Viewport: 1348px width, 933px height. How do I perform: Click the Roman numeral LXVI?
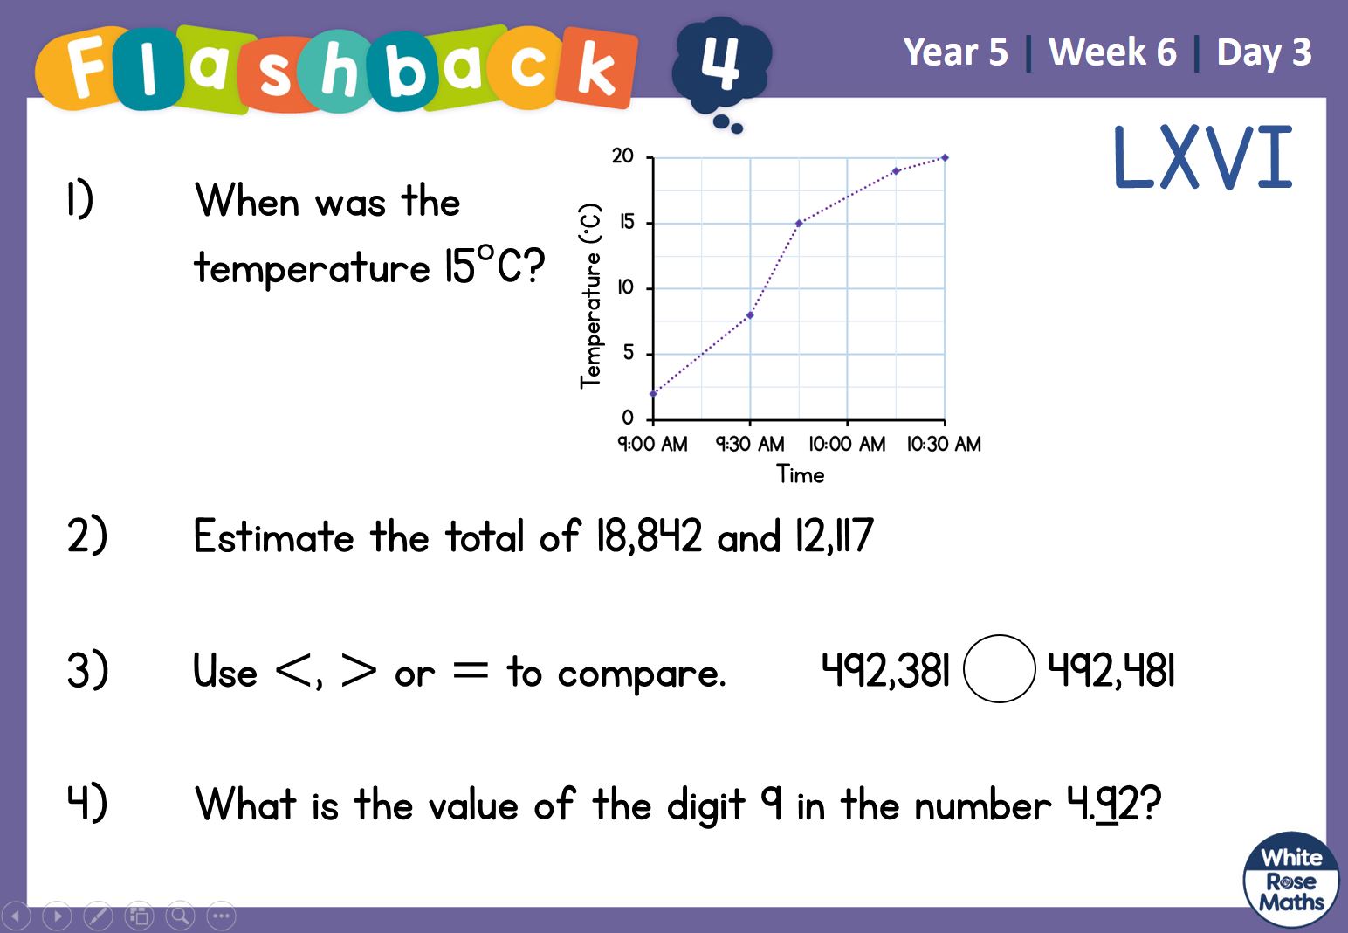1203,157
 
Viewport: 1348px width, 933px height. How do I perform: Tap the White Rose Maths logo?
1291,879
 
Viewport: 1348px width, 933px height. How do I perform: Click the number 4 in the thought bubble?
719,60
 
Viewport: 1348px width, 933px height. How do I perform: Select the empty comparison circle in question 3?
999,668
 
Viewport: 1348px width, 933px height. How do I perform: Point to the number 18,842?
649,536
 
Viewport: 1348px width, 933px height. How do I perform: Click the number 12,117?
834,536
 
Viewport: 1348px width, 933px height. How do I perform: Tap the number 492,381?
886,670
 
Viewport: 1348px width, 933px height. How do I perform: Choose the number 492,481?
1111,670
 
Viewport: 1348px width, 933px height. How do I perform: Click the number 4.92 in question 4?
1104,804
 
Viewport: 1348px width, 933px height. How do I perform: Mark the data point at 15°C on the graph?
799,224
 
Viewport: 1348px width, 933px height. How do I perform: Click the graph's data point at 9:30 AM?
750,315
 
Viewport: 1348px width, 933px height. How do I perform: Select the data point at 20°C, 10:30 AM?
945,158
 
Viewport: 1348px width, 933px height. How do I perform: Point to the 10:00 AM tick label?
847,445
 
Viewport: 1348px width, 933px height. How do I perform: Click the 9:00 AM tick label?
652,445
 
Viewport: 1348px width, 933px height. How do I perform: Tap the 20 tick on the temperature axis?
622,156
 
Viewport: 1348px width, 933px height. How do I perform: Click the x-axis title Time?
800,474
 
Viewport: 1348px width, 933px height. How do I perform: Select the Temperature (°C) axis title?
591,296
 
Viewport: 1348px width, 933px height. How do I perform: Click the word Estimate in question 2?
274,536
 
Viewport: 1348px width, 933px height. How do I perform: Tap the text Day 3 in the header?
1264,52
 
